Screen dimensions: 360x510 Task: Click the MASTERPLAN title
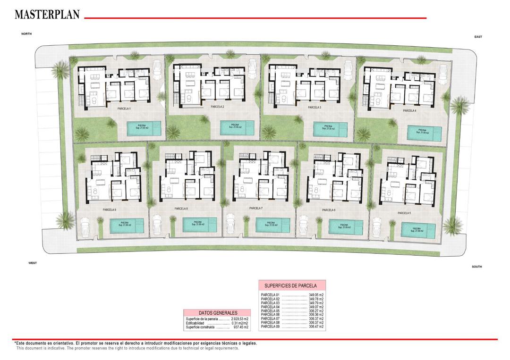pos(47,15)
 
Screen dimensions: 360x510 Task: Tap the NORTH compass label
pos(26,34)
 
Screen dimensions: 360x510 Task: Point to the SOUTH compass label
pos(476,267)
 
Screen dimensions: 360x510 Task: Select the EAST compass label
pos(478,37)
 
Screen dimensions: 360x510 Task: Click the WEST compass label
pos(33,263)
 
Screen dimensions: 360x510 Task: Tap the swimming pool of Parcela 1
pos(142,127)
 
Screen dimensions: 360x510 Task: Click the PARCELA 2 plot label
pos(217,107)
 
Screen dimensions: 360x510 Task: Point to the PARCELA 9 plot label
pos(109,209)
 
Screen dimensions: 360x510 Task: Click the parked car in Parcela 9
pos(85,226)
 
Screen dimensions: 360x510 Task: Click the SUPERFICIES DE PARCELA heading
pos(290,285)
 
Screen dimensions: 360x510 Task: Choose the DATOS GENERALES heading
pos(218,313)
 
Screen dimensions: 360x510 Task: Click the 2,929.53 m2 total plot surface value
pos(239,319)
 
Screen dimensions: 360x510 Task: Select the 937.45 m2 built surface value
pos(241,327)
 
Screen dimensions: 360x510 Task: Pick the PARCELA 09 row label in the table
pos(270,327)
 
